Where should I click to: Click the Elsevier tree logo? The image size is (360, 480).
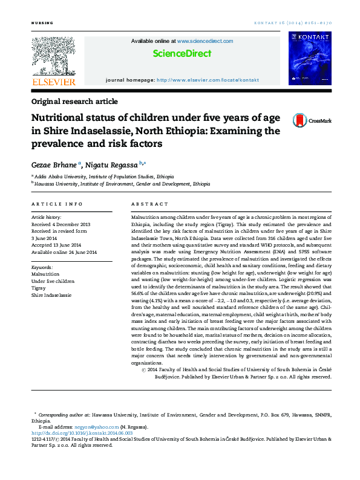click(54, 56)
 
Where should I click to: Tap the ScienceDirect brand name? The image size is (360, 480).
click(182, 54)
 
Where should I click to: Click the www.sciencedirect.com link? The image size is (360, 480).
click(205, 41)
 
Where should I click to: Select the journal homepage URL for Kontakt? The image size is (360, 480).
click(208, 80)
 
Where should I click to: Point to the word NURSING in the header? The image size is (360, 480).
click(42, 23)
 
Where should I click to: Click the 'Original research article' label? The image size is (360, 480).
click(74, 102)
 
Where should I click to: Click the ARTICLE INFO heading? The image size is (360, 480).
click(57, 204)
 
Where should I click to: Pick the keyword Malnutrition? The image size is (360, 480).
click(45, 274)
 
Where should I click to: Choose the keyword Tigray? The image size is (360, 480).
click(39, 288)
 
